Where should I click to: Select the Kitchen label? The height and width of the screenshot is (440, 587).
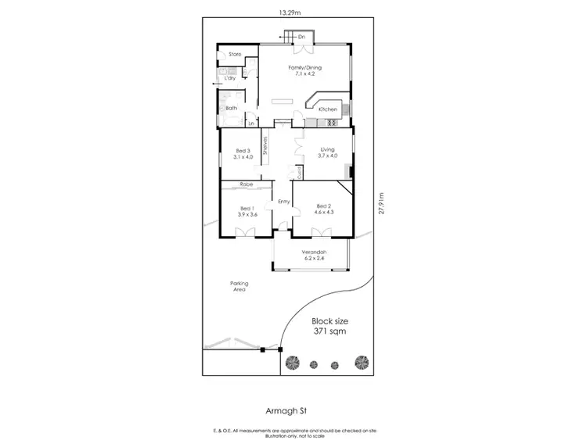click(327, 109)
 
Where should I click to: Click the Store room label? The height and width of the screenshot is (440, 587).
click(233, 54)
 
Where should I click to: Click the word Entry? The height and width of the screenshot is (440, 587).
click(283, 202)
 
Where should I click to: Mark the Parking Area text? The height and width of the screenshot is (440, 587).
click(239, 286)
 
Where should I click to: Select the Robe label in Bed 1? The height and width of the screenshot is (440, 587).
click(247, 184)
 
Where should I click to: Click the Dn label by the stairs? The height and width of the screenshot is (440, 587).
click(301, 37)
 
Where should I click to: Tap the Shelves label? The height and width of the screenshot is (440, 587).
click(265, 146)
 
